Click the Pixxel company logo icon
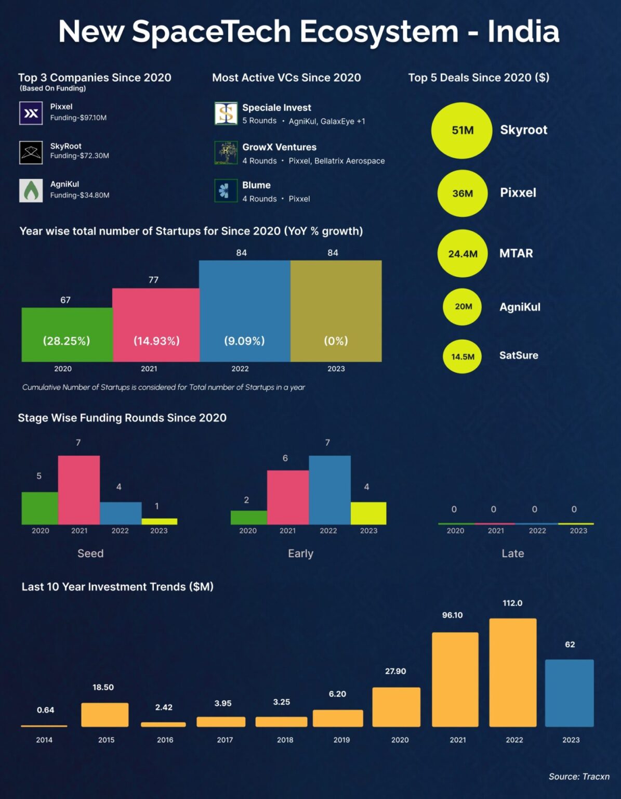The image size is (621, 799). (x=31, y=113)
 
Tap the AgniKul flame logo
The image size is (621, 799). (x=31, y=190)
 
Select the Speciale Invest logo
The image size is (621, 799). (x=226, y=113)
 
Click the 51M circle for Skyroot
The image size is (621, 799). (x=461, y=130)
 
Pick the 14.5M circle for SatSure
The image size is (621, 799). (x=462, y=357)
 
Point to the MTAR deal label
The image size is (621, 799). (x=516, y=253)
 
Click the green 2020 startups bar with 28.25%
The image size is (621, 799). (x=67, y=334)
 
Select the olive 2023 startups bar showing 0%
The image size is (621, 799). (x=336, y=311)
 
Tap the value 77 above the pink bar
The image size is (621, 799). (x=153, y=280)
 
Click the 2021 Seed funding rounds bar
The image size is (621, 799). (x=79, y=489)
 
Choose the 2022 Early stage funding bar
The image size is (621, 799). (x=329, y=489)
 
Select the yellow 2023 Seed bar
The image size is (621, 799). (x=160, y=521)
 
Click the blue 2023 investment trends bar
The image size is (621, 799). (x=569, y=693)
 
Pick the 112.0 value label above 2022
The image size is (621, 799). (x=512, y=603)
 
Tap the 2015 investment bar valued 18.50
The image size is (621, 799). (x=105, y=715)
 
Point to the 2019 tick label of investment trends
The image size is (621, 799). (x=341, y=740)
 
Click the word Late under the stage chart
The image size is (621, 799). (x=512, y=553)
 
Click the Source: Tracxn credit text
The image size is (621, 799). (x=579, y=777)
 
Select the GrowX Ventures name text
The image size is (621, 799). (x=279, y=147)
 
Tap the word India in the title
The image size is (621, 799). (x=523, y=32)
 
